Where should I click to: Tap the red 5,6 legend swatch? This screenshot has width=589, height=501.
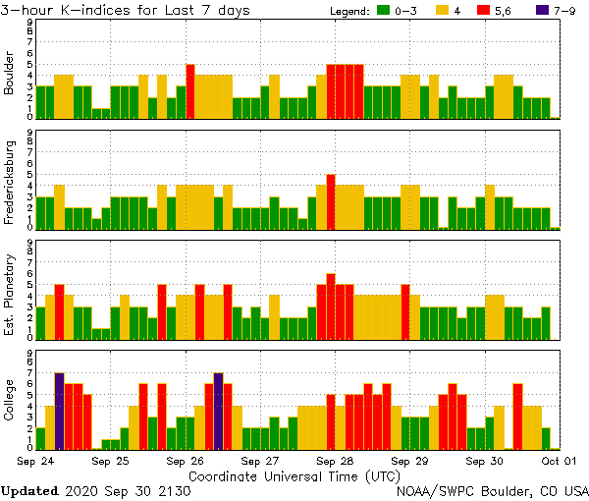point(496,11)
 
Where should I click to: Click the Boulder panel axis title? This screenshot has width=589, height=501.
point(9,74)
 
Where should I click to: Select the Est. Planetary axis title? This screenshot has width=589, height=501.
point(9,294)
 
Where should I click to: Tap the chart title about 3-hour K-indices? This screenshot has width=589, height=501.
point(126,10)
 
